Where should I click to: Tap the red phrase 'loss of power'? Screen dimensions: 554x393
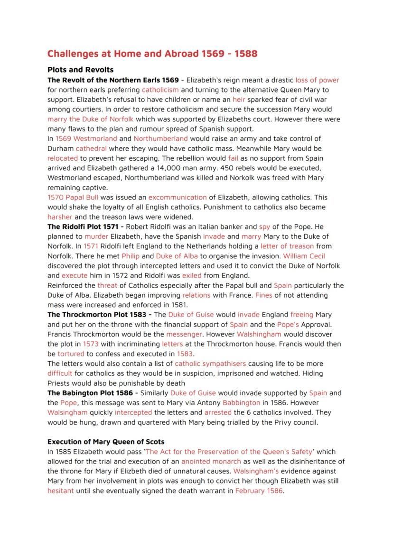(317, 80)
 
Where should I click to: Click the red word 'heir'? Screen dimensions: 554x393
(239, 100)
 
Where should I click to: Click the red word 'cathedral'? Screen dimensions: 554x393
(91, 148)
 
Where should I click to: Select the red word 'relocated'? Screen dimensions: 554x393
(63, 158)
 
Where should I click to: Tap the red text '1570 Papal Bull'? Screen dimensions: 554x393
(73, 197)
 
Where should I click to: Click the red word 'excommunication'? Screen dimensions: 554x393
(178, 197)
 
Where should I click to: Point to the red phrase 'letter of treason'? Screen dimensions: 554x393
(287, 246)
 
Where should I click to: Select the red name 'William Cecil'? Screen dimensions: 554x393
(304, 256)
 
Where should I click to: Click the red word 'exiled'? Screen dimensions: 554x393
(191, 275)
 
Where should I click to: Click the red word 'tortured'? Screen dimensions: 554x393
(71, 354)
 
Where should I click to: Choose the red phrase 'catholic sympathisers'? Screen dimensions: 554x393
(210, 363)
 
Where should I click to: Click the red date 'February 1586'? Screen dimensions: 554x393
(259, 490)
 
